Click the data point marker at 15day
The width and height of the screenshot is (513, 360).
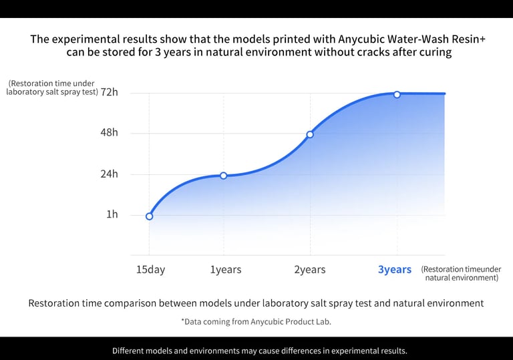149,216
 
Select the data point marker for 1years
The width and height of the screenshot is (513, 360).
223,176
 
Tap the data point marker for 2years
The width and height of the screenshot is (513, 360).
310,134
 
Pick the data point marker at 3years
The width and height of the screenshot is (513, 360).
397,94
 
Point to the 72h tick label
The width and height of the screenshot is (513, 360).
109,92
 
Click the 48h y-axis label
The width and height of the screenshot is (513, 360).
109,132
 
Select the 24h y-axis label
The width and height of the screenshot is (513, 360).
109,174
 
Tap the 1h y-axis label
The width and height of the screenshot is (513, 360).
112,214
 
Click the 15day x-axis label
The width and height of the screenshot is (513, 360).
150,270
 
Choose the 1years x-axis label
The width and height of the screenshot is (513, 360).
226,270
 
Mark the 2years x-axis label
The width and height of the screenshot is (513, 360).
310,270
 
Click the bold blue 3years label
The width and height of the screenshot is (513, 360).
395,270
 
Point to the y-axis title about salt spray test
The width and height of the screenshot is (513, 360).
52,87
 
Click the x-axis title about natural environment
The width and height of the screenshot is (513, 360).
461,273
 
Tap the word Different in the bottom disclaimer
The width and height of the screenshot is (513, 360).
132,351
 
